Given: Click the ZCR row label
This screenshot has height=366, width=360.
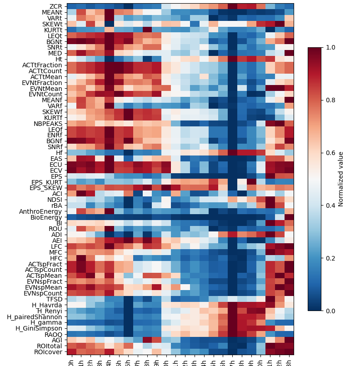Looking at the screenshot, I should [56, 6].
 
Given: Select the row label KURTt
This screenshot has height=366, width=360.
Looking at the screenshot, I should [54, 30].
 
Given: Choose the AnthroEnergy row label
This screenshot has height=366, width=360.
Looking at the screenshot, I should [41, 211].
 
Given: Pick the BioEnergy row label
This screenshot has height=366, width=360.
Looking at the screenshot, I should [47, 217].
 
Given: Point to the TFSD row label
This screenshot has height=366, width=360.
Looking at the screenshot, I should [55, 299].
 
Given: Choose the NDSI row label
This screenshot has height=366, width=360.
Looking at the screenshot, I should [55, 200].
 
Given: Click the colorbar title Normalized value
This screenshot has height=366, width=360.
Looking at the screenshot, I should [341, 179].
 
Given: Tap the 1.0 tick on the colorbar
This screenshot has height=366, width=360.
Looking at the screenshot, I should [330, 47].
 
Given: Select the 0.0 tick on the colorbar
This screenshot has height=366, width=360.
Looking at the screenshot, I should [330, 311].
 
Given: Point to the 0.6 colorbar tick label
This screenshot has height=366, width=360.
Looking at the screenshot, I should [330, 153].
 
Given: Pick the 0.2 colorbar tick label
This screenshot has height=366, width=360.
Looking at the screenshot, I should [330, 258].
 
